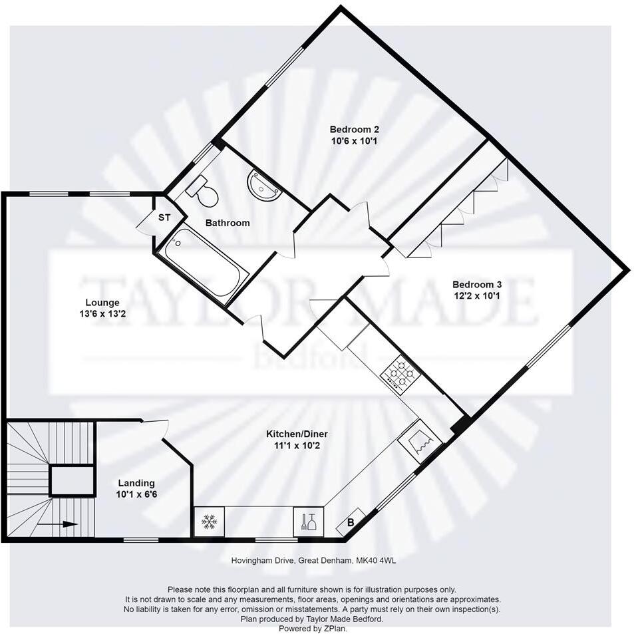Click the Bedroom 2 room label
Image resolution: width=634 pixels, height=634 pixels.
(354, 129)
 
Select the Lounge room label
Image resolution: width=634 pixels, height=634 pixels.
(102, 303)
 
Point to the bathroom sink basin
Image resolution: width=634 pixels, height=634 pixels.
(264, 186)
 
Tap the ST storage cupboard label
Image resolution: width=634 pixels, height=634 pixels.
(164, 218)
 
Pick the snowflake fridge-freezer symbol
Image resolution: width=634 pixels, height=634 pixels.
(209, 522)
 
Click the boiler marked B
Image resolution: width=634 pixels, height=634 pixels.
(351, 524)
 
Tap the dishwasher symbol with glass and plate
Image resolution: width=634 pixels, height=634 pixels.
(309, 522)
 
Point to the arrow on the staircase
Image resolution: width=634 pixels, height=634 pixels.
(65, 524)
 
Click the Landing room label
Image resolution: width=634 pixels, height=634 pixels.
(136, 483)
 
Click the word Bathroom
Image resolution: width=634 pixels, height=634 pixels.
(228, 223)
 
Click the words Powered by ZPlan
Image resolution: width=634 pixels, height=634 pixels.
(312, 628)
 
